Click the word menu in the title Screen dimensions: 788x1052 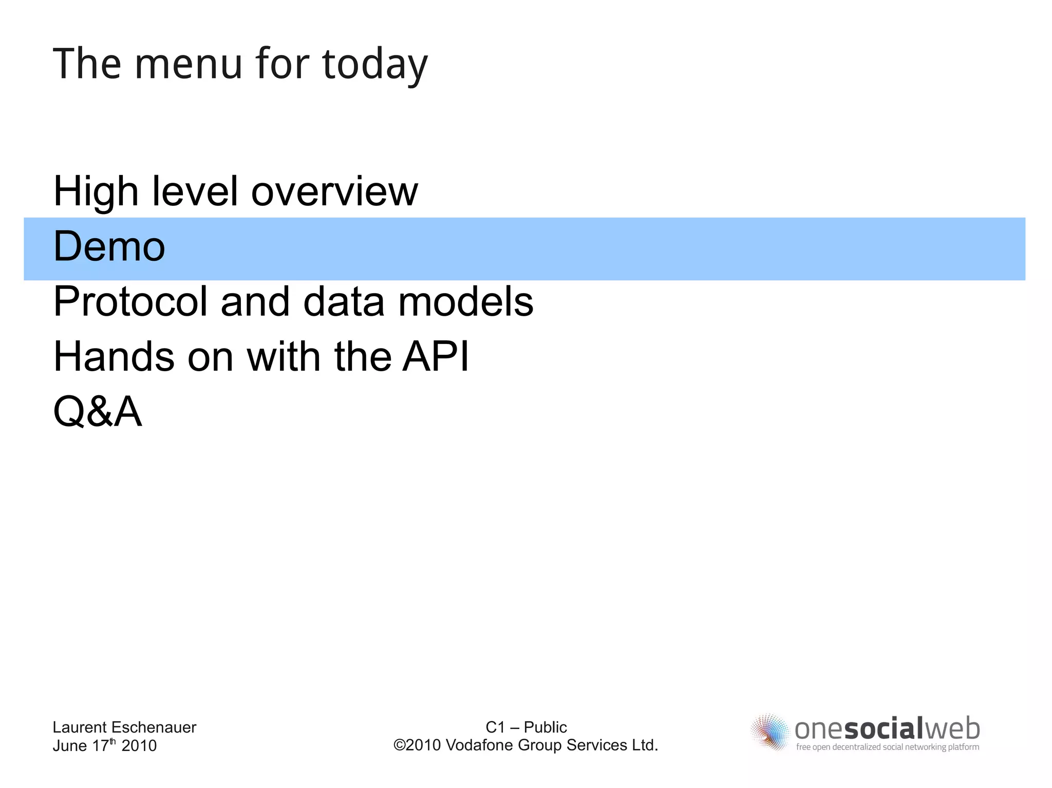188,64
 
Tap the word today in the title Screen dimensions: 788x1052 375,65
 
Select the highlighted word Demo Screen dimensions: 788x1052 109,246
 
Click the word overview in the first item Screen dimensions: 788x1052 334,191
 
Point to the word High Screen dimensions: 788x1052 96,191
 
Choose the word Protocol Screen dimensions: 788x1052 130,302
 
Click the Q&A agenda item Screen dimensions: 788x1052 98,412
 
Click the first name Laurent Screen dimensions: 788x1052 80,727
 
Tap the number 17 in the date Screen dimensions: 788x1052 100,746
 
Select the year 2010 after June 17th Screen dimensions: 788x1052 139,746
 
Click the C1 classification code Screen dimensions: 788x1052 495,727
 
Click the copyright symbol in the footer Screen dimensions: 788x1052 399,745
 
